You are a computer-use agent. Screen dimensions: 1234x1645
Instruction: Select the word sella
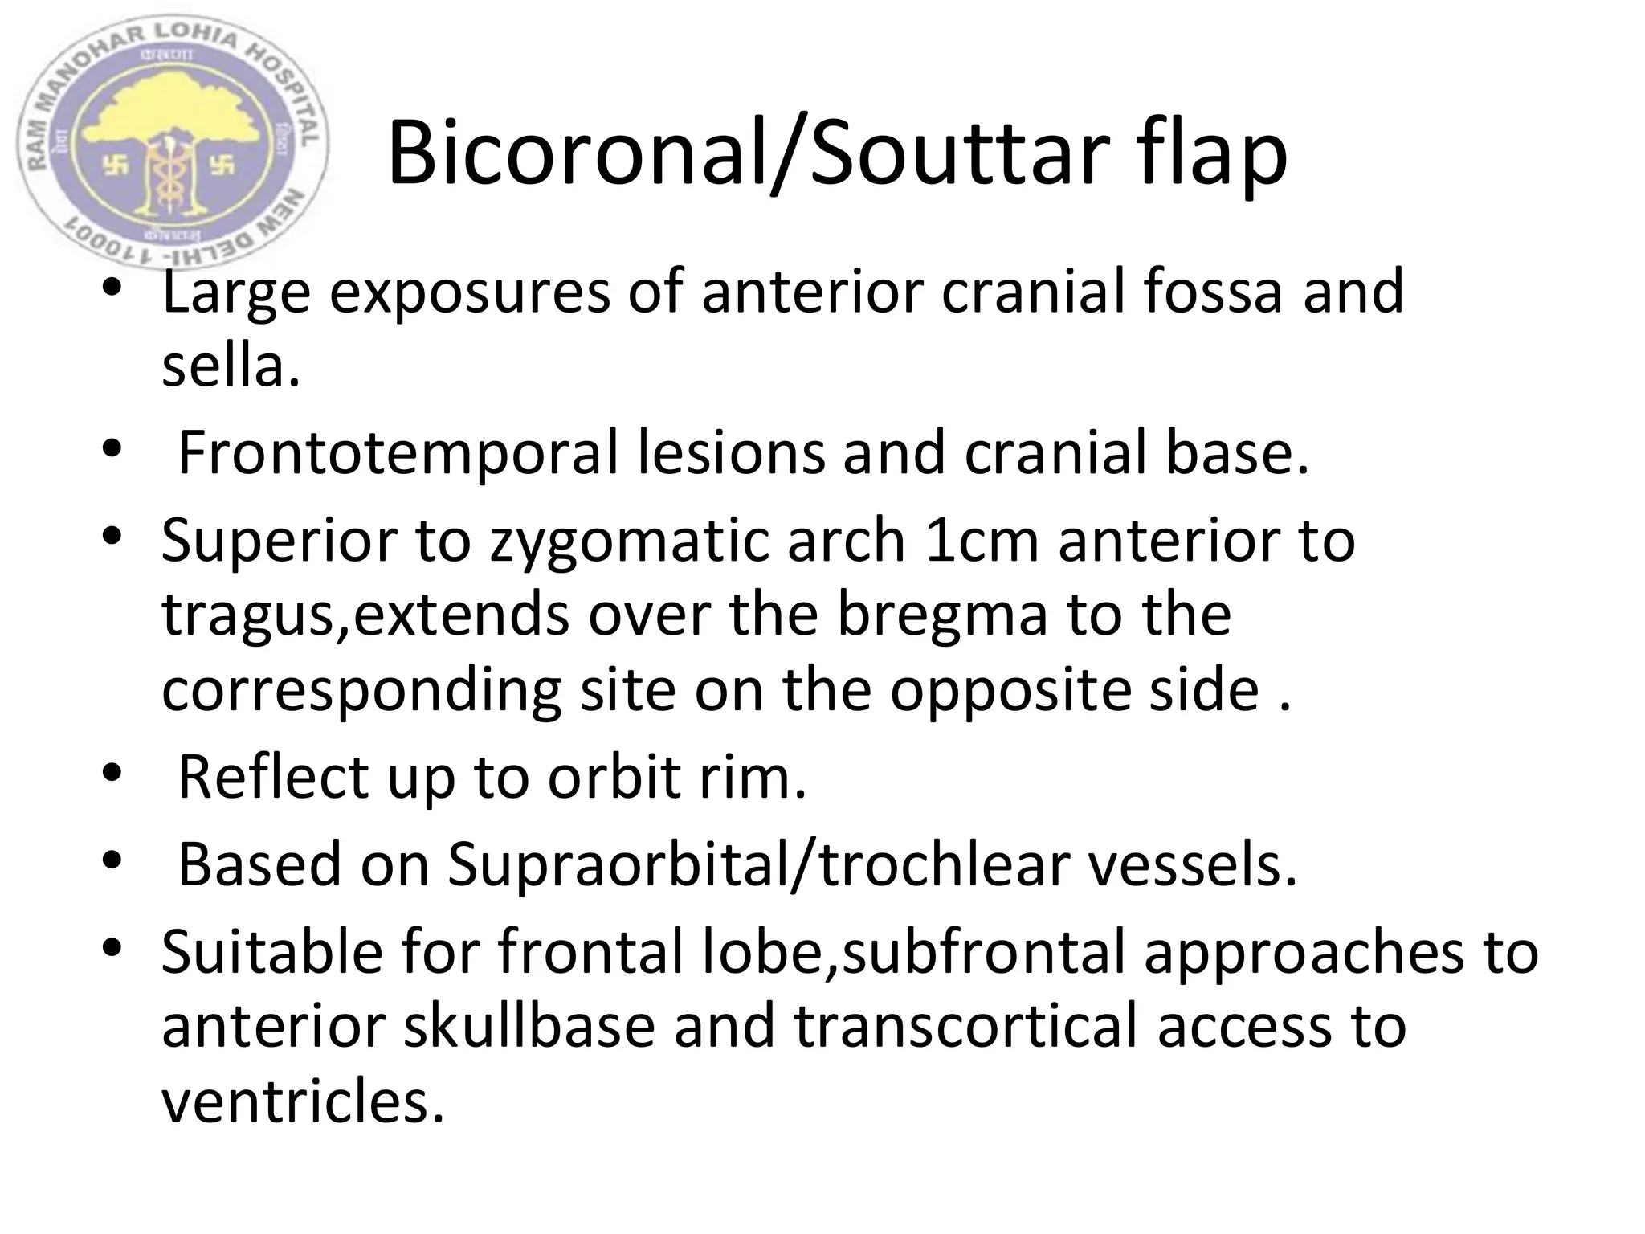231,366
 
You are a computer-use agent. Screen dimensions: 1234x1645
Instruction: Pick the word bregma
943,615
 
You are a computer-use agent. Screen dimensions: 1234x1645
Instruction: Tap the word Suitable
272,951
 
